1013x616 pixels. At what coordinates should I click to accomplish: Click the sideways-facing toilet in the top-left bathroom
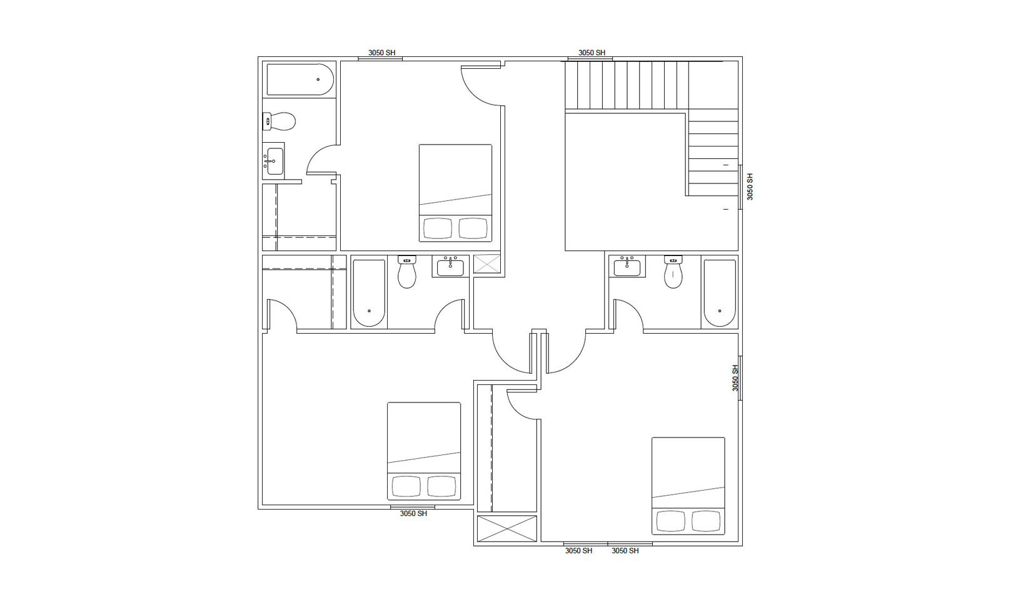click(x=279, y=121)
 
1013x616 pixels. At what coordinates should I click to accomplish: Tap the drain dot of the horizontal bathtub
click(x=318, y=80)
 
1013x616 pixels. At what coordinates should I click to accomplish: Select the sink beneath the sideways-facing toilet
click(x=274, y=161)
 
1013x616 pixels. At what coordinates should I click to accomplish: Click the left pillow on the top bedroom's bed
click(x=437, y=228)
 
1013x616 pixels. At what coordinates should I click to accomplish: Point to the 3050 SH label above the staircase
click(x=592, y=53)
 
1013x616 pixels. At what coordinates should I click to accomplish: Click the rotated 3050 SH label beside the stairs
click(x=750, y=187)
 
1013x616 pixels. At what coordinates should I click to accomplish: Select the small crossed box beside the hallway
click(x=487, y=264)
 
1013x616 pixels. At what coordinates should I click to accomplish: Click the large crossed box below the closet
click(x=507, y=528)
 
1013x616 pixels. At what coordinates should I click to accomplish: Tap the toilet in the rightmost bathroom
click(x=673, y=272)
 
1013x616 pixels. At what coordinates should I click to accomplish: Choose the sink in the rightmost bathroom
click(x=627, y=267)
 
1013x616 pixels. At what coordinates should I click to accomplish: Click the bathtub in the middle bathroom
click(x=369, y=293)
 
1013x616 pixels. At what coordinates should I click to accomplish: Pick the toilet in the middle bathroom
click(x=406, y=272)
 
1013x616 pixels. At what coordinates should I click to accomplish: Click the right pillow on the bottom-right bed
click(x=706, y=521)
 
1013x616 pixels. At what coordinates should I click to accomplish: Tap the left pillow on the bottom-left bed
click(x=406, y=486)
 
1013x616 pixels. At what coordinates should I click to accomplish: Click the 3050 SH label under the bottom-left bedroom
click(x=413, y=513)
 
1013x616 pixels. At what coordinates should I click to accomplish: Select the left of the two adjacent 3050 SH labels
click(x=578, y=551)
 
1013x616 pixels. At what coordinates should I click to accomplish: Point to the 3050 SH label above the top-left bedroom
click(x=381, y=53)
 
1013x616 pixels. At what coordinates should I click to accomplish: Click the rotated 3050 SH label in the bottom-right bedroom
click(x=735, y=378)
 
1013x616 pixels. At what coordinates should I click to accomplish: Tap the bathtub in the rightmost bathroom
click(x=720, y=293)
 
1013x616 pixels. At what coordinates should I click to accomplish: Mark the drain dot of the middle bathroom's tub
click(x=369, y=311)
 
